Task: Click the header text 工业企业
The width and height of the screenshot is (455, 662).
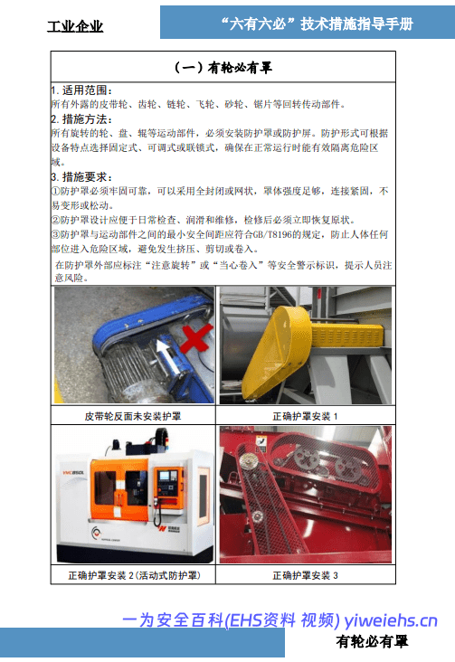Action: click(75, 26)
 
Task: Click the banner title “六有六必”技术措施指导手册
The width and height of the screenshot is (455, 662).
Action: click(317, 24)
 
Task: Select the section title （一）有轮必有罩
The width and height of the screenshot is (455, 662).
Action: click(223, 67)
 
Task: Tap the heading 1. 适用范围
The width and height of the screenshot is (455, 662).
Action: click(81, 90)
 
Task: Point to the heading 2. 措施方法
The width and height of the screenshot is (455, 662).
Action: click(81, 119)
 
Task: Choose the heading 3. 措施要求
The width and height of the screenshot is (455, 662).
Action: click(81, 176)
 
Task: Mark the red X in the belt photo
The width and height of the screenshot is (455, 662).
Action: click(196, 338)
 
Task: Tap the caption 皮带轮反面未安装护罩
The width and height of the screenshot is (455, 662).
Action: click(133, 416)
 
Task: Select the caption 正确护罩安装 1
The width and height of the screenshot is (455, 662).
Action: click(305, 416)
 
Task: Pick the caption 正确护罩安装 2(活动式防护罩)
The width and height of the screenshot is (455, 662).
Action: click(135, 575)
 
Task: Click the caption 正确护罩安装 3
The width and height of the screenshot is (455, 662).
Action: click(305, 575)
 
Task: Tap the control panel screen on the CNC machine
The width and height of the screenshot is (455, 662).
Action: click(164, 475)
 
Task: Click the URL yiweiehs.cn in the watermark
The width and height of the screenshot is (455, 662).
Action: click(391, 620)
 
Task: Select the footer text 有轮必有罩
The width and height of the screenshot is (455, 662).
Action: click(372, 642)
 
